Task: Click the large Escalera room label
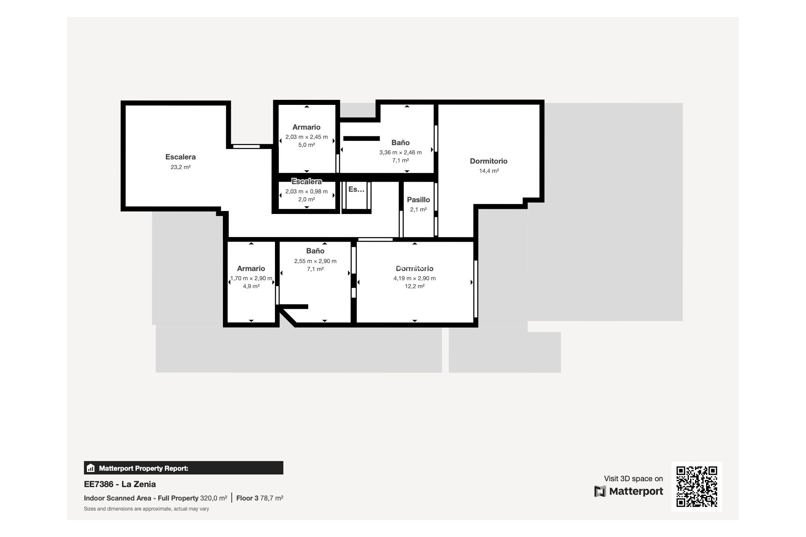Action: [181, 157]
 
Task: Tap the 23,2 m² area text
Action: [181, 167]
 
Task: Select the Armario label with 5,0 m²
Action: [306, 127]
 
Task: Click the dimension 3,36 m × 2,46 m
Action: [400, 152]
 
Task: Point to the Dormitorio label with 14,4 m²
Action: [489, 161]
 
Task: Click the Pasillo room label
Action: [418, 200]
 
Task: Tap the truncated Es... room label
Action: [356, 189]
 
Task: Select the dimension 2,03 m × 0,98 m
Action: [306, 191]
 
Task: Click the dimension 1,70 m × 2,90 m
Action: [251, 278]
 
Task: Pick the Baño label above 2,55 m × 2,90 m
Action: [315, 251]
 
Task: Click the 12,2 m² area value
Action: [414, 286]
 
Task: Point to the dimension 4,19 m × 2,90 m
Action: [414, 278]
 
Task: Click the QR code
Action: [696, 486]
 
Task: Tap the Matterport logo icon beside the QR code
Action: [600, 491]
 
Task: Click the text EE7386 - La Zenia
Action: [120, 484]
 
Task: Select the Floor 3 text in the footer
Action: [247, 498]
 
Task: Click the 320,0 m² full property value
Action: [213, 498]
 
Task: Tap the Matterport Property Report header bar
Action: [183, 468]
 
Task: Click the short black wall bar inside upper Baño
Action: [361, 138]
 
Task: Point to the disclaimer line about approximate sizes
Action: [146, 509]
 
